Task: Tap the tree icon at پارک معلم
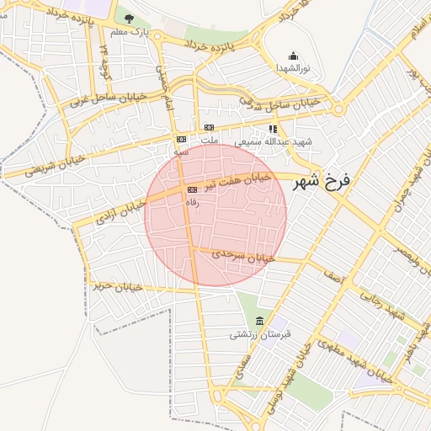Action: [129, 19]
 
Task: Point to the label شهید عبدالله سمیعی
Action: [273, 141]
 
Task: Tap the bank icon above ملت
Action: [209, 128]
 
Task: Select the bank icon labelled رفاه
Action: [193, 190]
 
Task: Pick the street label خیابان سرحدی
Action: [244, 255]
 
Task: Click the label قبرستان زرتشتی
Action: [259, 334]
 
